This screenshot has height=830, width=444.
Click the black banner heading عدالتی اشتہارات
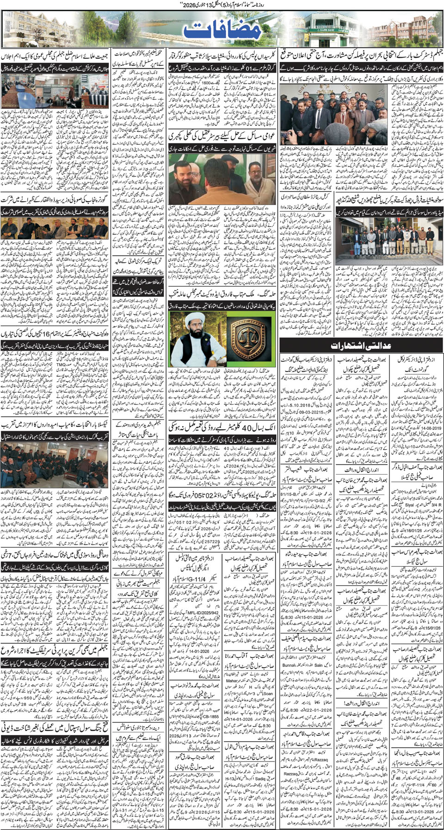pos(361,346)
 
